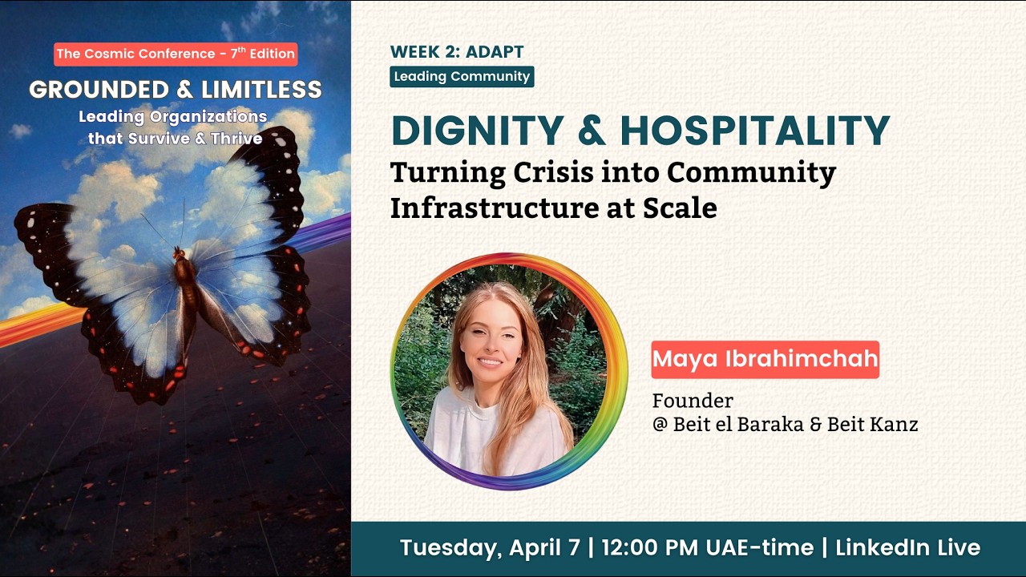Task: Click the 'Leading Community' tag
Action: click(x=462, y=77)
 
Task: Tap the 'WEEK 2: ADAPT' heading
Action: click(x=457, y=52)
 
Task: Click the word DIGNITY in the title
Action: click(x=477, y=131)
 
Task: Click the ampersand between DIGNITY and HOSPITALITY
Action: click(x=592, y=131)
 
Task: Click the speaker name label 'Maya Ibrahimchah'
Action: click(x=765, y=359)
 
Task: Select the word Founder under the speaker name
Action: click(x=693, y=400)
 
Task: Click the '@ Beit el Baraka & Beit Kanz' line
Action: click(x=785, y=425)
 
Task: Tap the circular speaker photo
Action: click(x=509, y=371)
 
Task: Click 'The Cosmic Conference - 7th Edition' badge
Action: click(x=176, y=54)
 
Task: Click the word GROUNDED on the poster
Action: click(x=97, y=90)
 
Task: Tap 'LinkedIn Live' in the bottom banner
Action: click(x=907, y=548)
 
